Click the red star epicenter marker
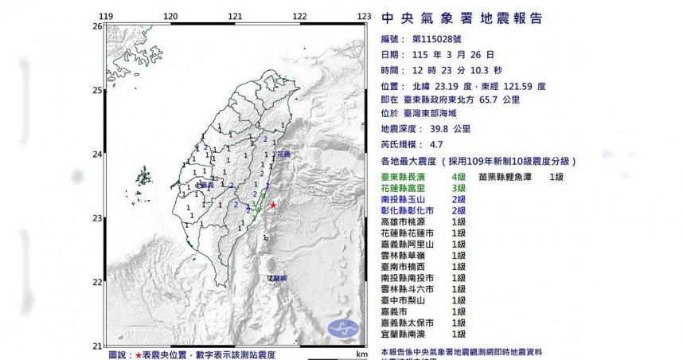click(273, 205)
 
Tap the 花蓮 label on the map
click(283, 154)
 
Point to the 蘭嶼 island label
click(277, 277)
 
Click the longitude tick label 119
click(105, 16)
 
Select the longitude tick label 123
click(364, 16)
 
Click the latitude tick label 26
click(96, 26)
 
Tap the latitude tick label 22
click(96, 282)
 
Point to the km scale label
click(361, 353)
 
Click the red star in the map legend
click(139, 353)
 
